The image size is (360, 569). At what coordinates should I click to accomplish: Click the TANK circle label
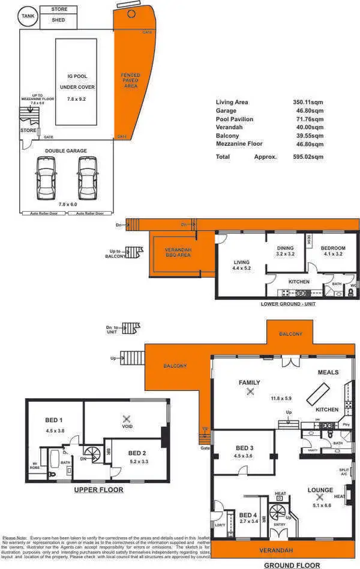pos(28,16)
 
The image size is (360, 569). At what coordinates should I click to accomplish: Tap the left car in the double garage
pos(46,178)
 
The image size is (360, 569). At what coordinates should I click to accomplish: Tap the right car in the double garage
pos(87,178)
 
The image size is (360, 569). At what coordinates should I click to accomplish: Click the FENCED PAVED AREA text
pos(130,80)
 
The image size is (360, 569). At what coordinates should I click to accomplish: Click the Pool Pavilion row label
pos(235,119)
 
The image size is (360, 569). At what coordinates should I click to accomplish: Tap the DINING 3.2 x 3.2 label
pos(286,251)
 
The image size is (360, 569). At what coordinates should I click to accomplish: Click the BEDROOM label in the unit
pos(333,248)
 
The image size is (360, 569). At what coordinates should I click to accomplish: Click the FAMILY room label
pos(250,382)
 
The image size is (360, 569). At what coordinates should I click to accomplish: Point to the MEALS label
pos(328,372)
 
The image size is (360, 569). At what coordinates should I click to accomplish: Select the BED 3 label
pos(245,448)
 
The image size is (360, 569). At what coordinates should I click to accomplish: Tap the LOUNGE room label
pos(320,490)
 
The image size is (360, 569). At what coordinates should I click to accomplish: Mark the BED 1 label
pos(54,420)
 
